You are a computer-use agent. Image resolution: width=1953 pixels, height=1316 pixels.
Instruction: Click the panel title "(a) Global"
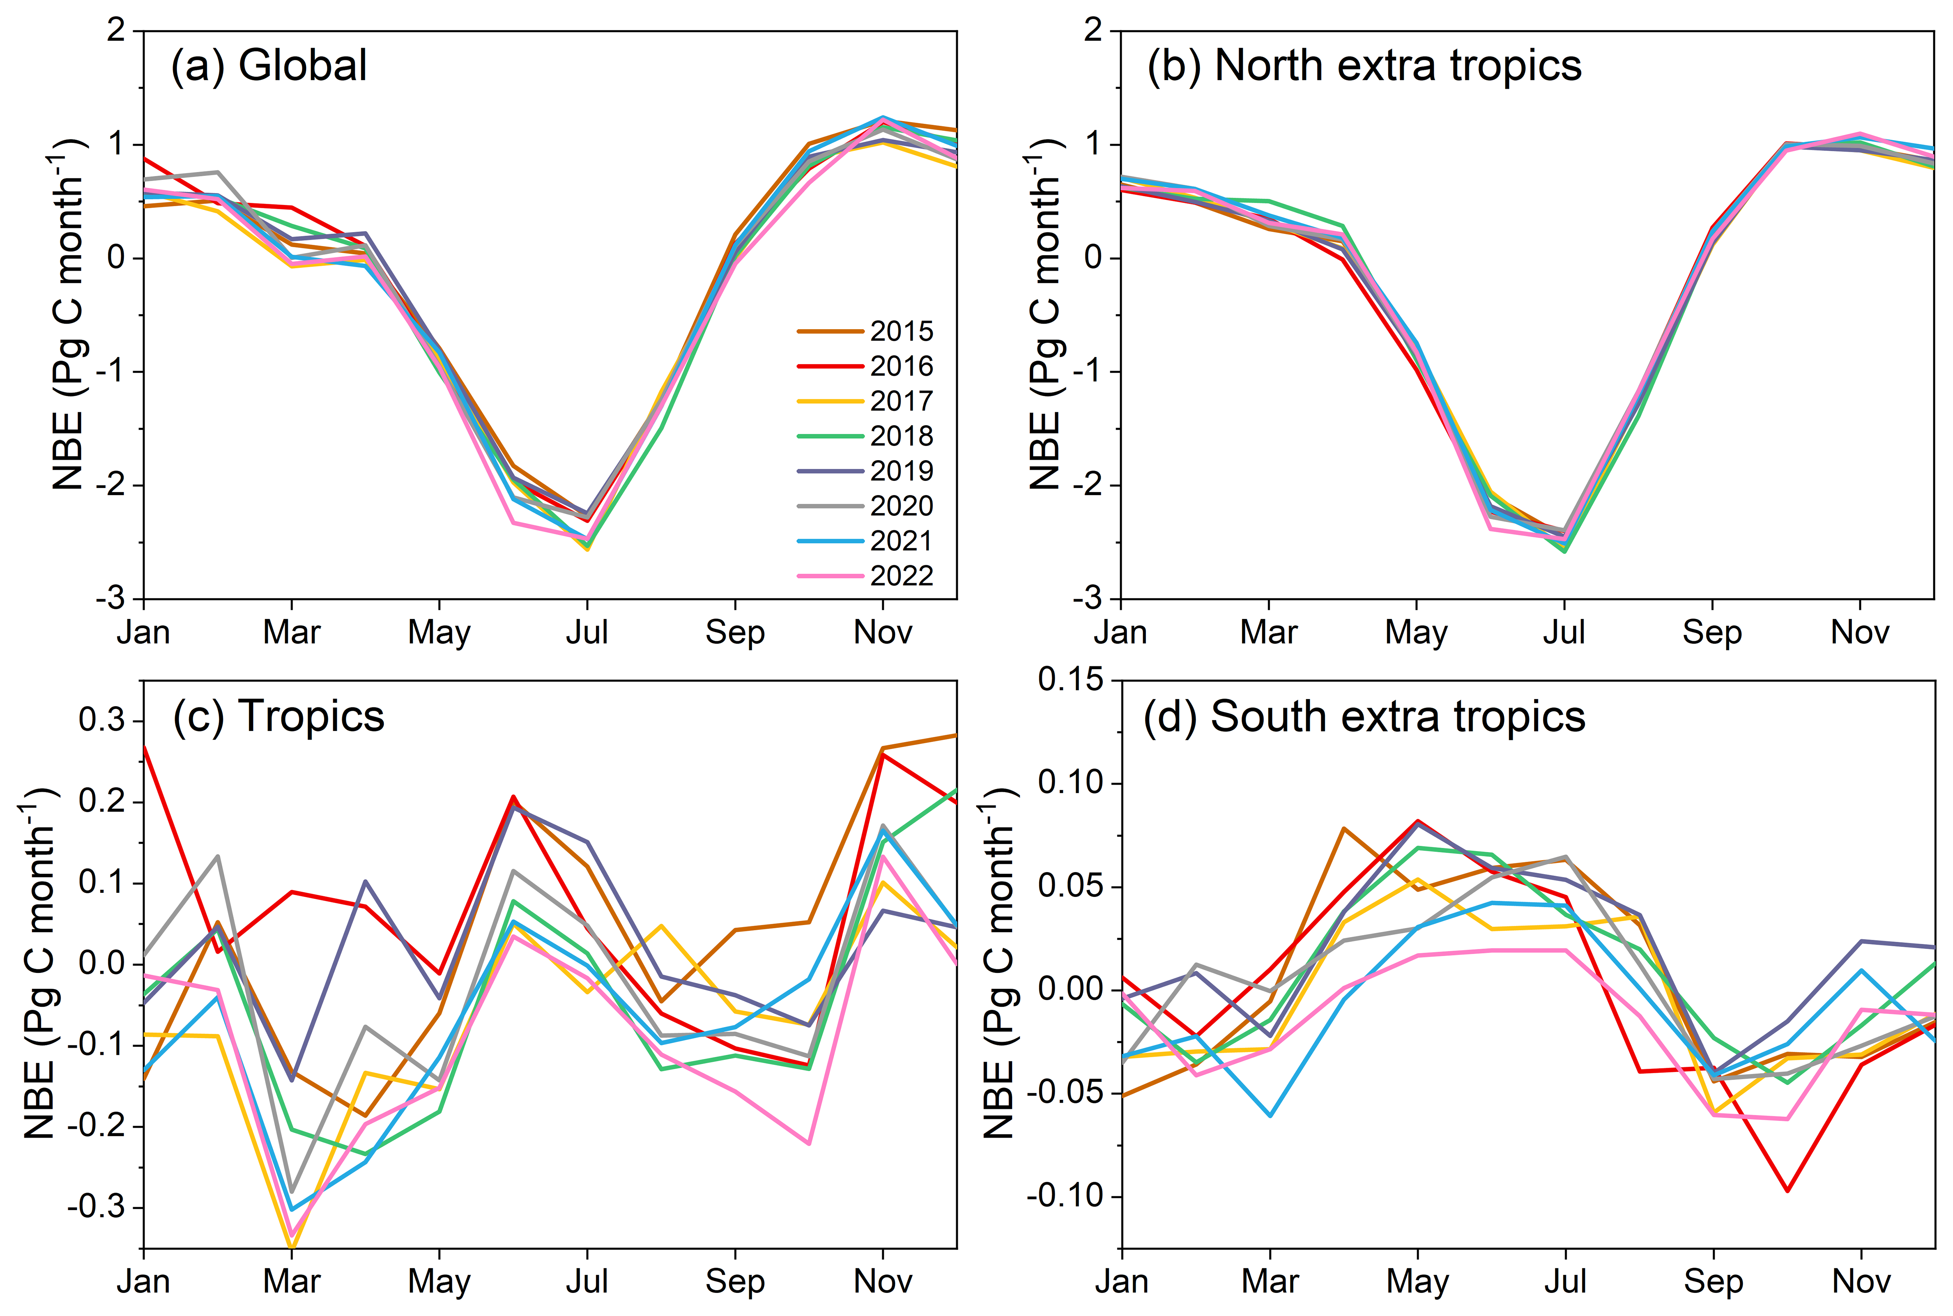pos(269,65)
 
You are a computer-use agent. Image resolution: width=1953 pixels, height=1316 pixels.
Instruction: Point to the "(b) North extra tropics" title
pos(1364,65)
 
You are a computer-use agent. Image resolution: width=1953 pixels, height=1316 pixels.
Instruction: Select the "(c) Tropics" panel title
pos(279,717)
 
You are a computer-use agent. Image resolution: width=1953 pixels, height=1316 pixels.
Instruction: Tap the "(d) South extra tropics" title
pos(1364,717)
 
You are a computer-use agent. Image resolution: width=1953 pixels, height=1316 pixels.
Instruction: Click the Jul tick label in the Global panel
pos(586,632)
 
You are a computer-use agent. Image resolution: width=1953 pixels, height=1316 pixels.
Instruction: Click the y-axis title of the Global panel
pos(69,315)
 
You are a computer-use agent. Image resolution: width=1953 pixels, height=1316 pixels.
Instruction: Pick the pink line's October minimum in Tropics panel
pos(809,1143)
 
